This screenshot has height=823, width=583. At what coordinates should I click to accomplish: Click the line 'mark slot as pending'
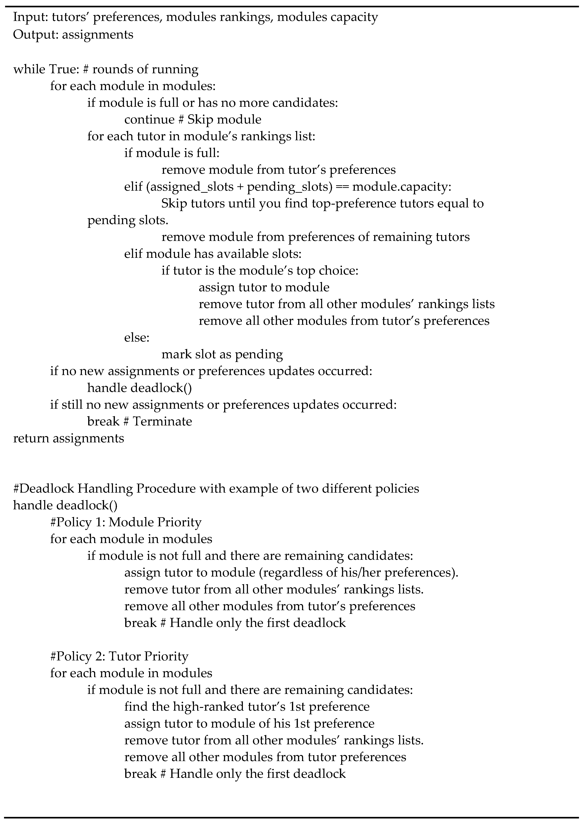click(222, 354)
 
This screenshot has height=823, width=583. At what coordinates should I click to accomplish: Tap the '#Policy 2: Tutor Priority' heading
click(119, 656)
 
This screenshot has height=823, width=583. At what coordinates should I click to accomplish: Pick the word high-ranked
click(208, 706)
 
